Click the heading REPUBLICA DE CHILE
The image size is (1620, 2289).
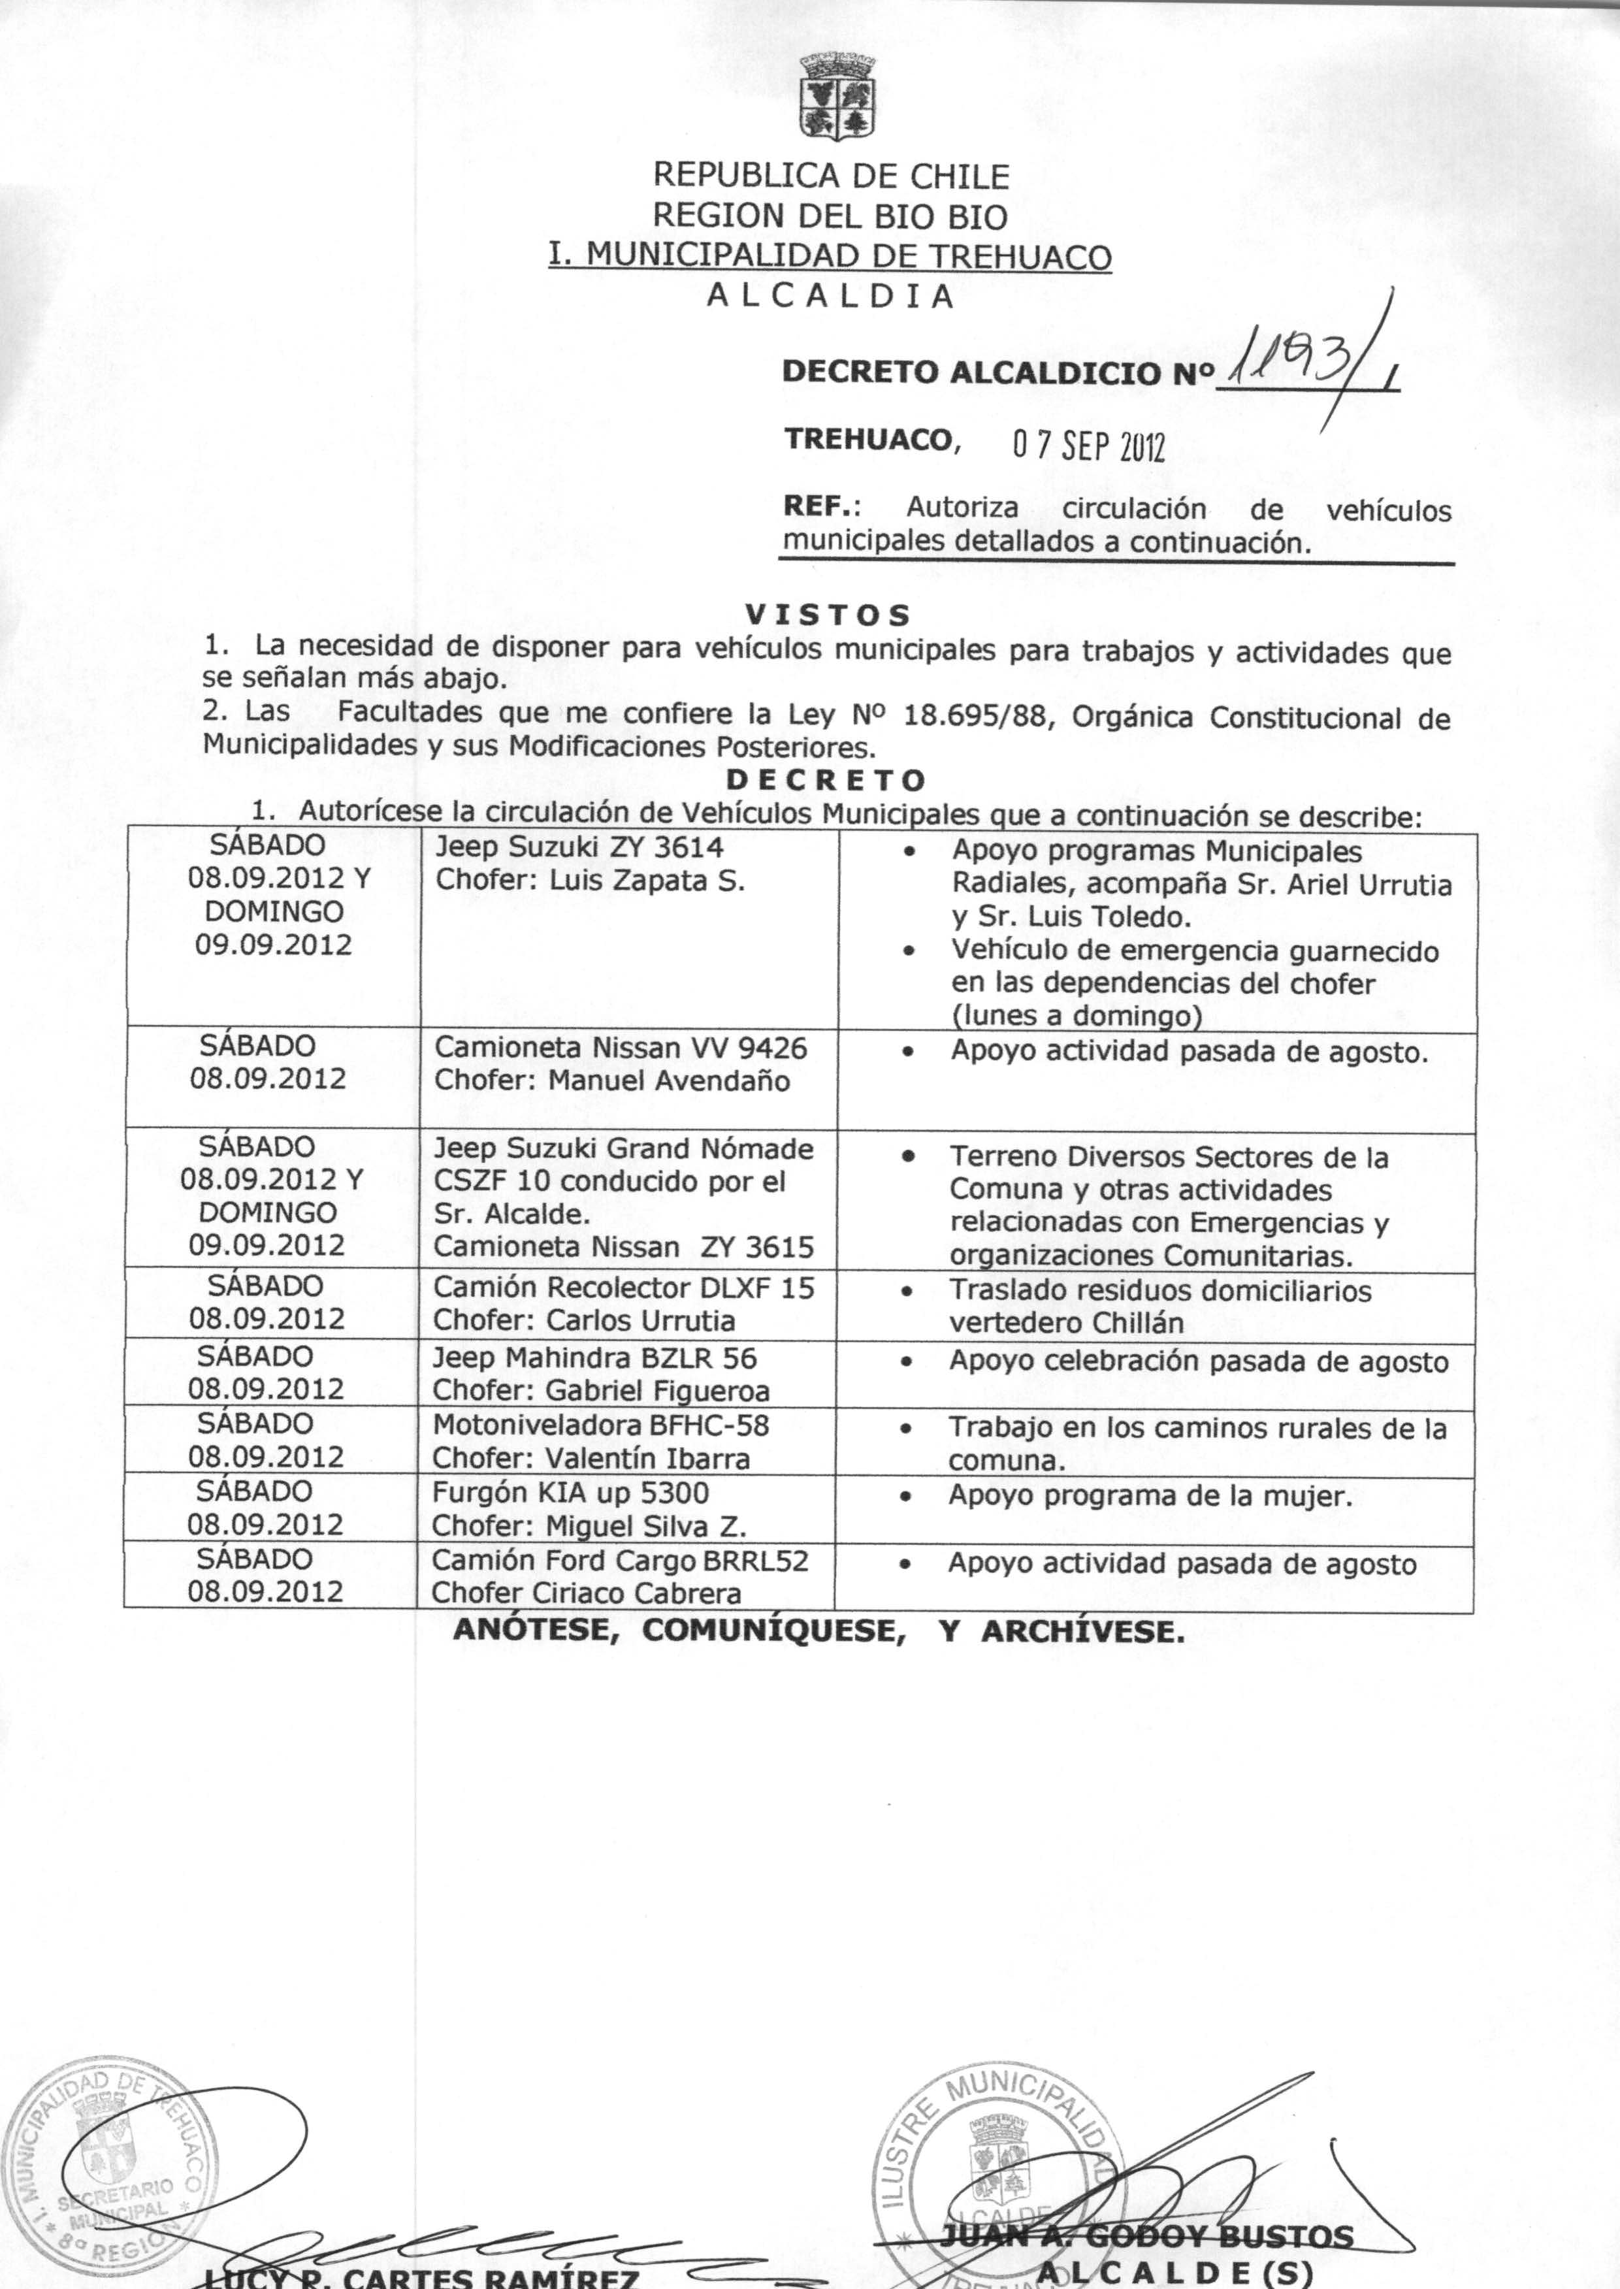tap(830, 176)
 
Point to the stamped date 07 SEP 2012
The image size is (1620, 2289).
tap(1088, 448)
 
